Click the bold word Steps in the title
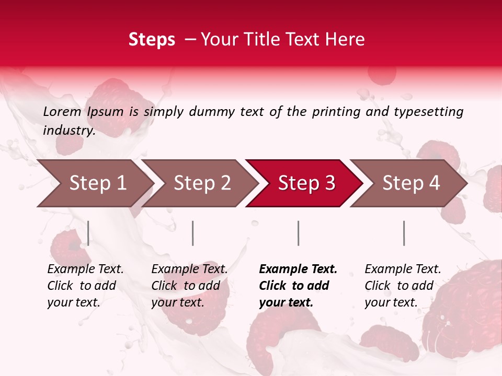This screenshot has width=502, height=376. click(152, 40)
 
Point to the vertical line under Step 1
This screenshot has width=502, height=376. click(88, 233)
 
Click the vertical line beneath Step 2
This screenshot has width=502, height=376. click(193, 233)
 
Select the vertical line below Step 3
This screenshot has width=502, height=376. click(298, 233)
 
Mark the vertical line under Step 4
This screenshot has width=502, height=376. click(404, 233)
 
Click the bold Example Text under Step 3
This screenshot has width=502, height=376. click(298, 286)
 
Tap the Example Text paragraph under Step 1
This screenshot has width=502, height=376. click(85, 286)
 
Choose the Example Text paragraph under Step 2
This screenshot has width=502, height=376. click(189, 286)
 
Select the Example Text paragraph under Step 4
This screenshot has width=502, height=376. click(403, 286)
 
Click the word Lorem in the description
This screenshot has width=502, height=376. click(62, 112)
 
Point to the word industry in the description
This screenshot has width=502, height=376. click(69, 131)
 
